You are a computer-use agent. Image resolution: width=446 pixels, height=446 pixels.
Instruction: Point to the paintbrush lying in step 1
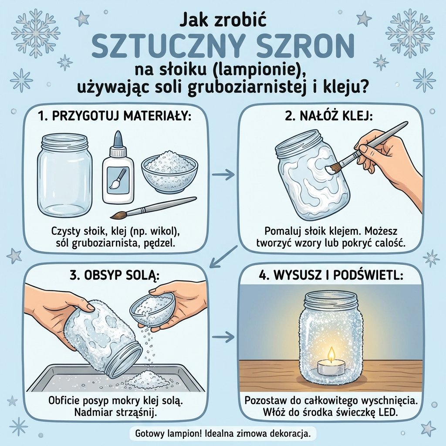pos(152,208)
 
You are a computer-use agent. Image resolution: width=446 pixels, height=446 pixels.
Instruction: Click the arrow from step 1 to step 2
pos(223,174)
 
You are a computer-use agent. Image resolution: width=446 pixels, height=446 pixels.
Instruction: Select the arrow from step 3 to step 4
pos(223,337)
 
